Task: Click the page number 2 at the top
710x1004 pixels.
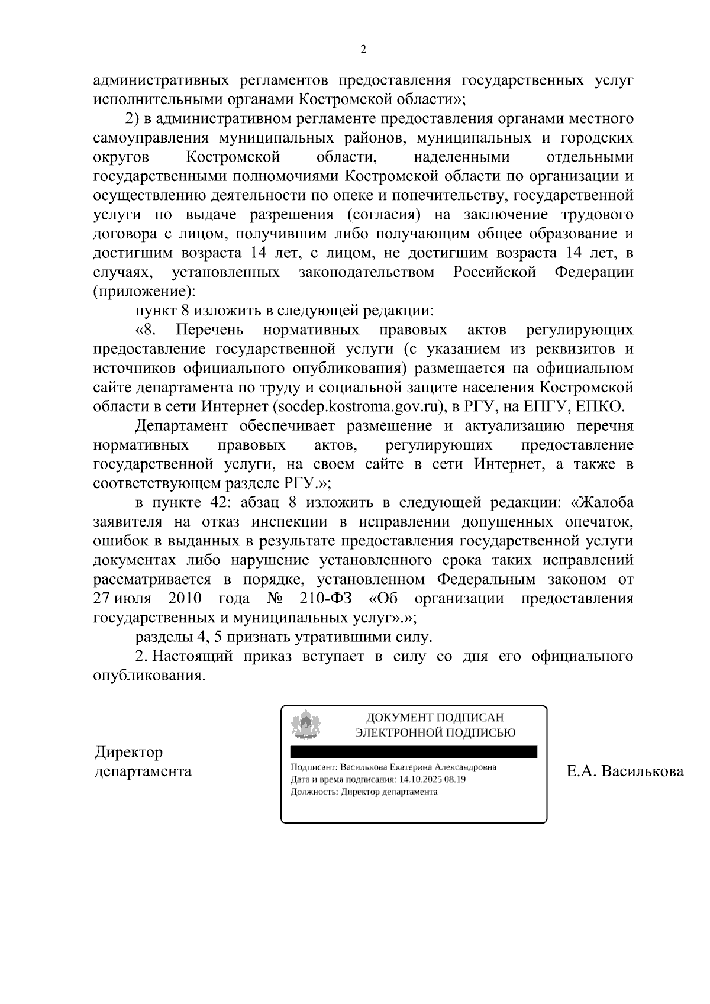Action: click(363, 50)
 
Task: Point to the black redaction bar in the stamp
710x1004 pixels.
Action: click(414, 751)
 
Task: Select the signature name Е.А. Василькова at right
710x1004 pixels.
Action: click(625, 771)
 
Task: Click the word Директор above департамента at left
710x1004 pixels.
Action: click(128, 753)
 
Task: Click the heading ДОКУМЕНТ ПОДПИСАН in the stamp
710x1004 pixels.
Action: click(435, 718)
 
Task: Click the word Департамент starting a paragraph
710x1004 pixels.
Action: click(181, 426)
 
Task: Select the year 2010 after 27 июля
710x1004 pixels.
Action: click(185, 598)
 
